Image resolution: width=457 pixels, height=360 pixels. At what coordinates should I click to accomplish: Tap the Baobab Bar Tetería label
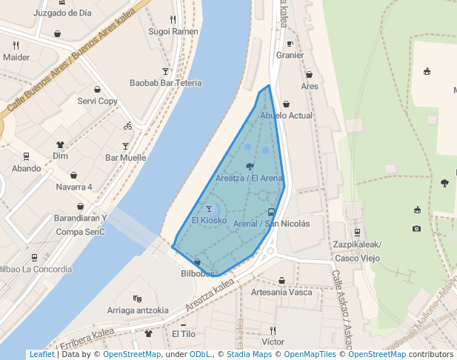[165, 83]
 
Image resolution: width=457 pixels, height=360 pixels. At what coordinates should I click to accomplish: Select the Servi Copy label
[97, 101]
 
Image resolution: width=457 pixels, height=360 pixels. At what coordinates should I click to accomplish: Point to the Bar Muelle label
[125, 157]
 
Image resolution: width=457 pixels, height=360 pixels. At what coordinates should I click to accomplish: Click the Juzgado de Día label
[62, 13]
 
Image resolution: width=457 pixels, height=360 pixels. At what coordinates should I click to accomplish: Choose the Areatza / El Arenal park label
[250, 178]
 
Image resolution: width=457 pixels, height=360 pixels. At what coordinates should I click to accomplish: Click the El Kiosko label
[209, 220]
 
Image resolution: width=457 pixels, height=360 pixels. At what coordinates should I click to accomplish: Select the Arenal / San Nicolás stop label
[271, 223]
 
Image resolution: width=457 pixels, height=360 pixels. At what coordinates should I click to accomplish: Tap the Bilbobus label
[197, 273]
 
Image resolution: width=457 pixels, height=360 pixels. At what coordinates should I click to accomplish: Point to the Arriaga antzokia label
[137, 310]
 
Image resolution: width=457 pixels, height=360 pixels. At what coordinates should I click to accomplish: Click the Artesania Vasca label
[281, 292]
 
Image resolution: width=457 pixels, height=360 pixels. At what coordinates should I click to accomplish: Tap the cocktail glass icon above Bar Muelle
[125, 146]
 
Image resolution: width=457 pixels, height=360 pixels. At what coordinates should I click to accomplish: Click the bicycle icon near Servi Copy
[128, 125]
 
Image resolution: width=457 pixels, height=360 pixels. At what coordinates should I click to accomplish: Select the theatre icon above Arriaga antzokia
[137, 299]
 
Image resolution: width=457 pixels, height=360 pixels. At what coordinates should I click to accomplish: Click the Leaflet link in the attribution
[41, 354]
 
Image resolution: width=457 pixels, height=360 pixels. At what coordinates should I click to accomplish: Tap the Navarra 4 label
[74, 187]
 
